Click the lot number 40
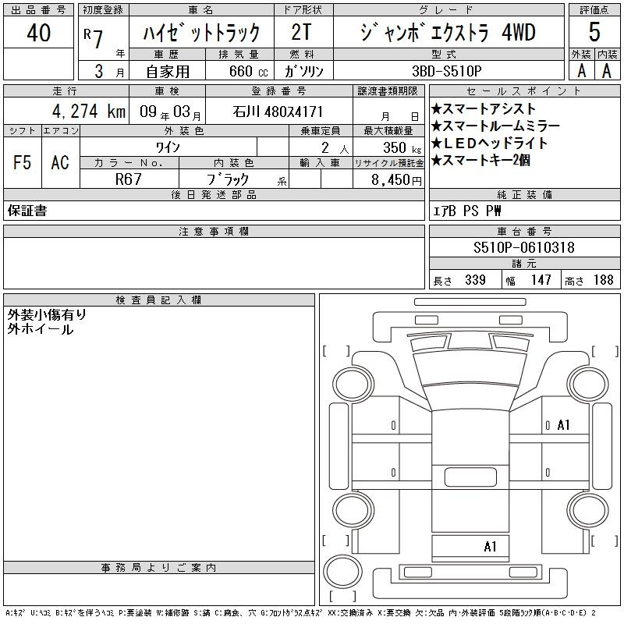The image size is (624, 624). coord(38,33)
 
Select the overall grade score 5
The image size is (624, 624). coord(594,32)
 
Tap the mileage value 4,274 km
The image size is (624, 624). coord(89,111)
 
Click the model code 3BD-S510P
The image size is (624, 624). coord(446,71)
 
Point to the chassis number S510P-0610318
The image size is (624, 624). coord(523,247)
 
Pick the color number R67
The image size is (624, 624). coord(128,179)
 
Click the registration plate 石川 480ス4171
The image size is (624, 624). coord(278,112)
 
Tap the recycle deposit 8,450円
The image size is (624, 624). coord(396,180)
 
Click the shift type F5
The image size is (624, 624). coord(22,162)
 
